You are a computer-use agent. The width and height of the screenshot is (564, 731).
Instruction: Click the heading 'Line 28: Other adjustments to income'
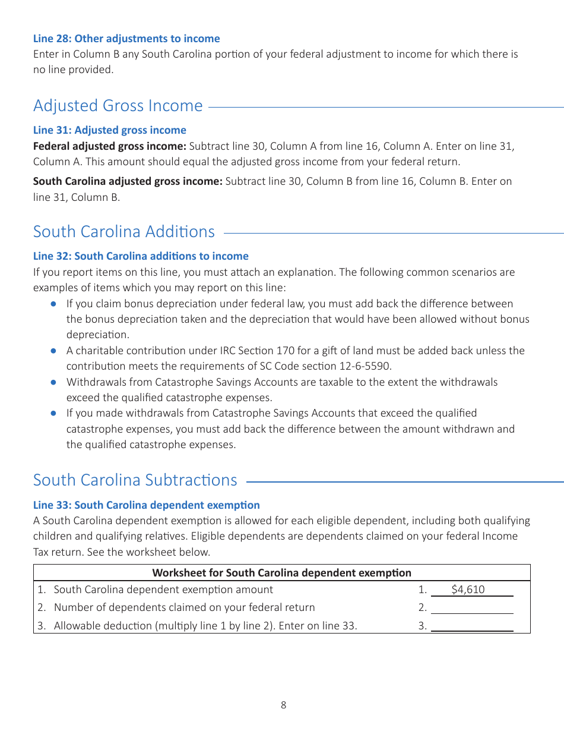(x=126, y=39)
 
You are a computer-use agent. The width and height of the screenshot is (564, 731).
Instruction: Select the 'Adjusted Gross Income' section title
(x=118, y=106)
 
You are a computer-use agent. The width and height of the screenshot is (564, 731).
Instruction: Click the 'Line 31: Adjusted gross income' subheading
(x=110, y=130)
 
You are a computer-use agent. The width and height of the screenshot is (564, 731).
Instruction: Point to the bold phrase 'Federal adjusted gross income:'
(x=110, y=146)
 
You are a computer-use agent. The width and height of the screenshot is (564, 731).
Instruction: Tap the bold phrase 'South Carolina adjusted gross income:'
(x=128, y=181)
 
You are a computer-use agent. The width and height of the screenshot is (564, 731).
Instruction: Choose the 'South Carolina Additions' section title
(x=124, y=232)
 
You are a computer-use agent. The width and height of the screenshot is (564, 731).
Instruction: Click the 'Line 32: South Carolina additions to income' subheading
(x=141, y=256)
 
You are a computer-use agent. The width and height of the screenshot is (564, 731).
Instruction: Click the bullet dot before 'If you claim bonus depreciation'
(x=53, y=304)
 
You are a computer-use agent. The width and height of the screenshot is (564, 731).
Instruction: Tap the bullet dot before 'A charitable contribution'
(x=53, y=351)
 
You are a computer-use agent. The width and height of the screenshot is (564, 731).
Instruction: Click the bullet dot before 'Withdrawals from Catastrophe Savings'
(x=53, y=382)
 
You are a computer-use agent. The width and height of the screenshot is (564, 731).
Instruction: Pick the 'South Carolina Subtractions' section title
(x=135, y=480)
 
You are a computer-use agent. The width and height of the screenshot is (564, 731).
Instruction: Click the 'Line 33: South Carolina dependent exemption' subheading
(x=147, y=505)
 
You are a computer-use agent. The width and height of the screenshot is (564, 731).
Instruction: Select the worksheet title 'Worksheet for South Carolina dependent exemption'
(x=281, y=573)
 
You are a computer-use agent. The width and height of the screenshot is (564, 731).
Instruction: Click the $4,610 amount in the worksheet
(x=468, y=590)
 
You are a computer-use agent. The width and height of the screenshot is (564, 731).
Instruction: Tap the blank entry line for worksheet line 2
(x=472, y=609)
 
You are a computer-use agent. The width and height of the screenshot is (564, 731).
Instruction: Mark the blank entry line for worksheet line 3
(x=472, y=626)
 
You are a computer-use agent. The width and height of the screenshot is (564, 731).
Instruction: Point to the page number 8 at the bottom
(x=283, y=705)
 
